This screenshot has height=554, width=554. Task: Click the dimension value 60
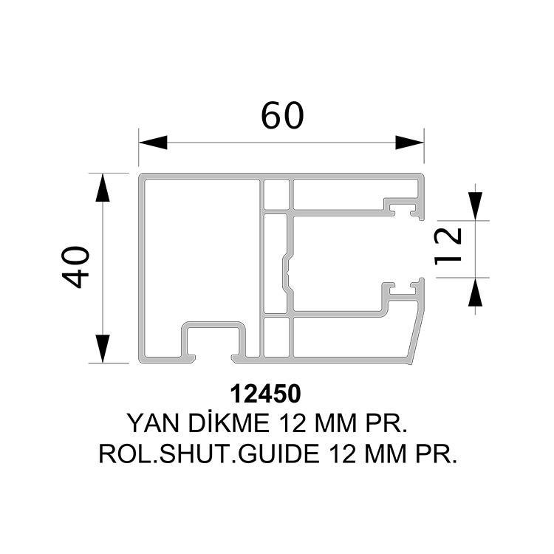pyautogui.click(x=282, y=115)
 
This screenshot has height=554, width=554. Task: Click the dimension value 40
pyautogui.click(x=75, y=267)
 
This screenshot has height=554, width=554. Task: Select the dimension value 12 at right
pyautogui.click(x=448, y=246)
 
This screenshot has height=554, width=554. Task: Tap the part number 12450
pyautogui.click(x=265, y=394)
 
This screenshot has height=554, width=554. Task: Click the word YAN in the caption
pyautogui.click(x=153, y=423)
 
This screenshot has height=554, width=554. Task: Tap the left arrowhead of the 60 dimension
pyautogui.click(x=153, y=143)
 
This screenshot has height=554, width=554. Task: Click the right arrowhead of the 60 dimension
pyautogui.click(x=409, y=143)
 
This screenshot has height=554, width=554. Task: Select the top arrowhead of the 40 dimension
pyautogui.click(x=103, y=188)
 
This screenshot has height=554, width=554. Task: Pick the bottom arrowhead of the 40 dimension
pyautogui.click(x=103, y=349)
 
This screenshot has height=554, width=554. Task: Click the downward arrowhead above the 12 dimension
pyautogui.click(x=475, y=206)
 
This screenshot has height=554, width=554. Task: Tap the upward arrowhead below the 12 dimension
pyautogui.click(x=475, y=292)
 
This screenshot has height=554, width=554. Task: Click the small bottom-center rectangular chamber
pyautogui.click(x=276, y=337)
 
